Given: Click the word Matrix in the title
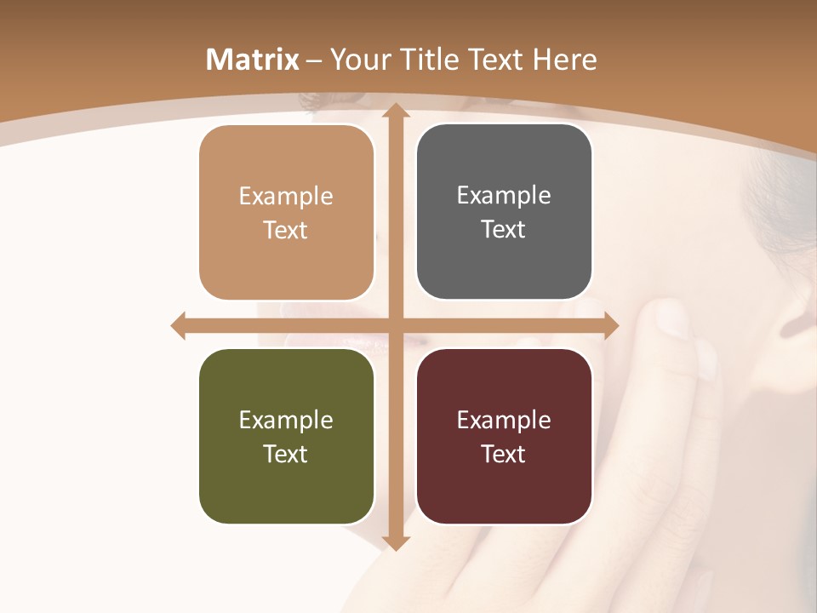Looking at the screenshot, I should click(253, 60).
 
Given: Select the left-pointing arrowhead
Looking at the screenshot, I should click(179, 326).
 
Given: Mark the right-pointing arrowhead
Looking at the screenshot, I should click(610, 326).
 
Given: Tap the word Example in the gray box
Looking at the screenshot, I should click(504, 196).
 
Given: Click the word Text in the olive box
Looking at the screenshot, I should click(286, 454).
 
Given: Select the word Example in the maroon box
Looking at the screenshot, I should click(504, 420).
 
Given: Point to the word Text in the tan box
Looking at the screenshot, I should click(286, 230).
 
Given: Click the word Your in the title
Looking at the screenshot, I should click(354, 60).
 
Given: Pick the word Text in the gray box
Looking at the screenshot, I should click(504, 230).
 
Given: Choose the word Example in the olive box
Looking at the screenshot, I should click(286, 420).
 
